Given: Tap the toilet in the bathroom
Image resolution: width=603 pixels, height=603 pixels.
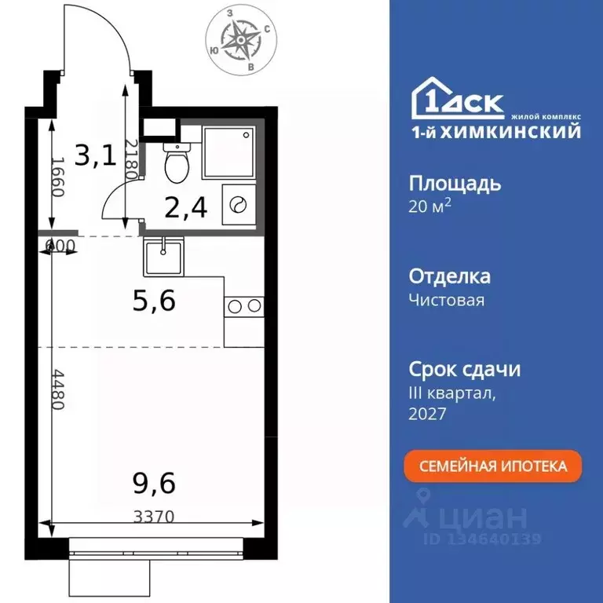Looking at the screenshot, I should [x=176, y=163].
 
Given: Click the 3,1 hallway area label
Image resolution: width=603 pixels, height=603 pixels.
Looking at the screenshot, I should [x=95, y=155].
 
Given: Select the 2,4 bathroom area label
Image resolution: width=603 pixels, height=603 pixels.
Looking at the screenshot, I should [x=185, y=208].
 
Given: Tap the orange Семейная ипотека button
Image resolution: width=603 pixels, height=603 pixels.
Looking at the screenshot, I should [x=493, y=466].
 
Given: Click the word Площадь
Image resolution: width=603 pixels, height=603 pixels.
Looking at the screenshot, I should [x=455, y=184].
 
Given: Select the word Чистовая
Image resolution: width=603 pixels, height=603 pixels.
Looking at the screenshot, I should [x=447, y=300].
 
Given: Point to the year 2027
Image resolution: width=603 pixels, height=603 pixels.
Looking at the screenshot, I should [x=427, y=414].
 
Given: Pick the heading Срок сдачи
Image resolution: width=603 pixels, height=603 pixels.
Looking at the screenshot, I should [x=465, y=369].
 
